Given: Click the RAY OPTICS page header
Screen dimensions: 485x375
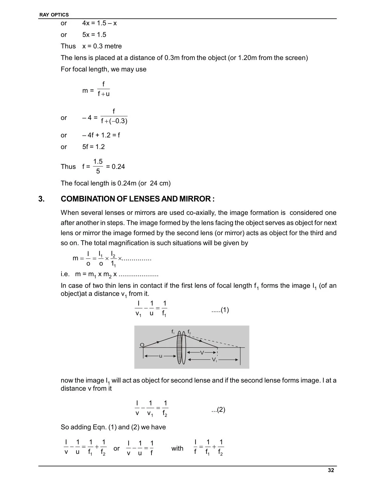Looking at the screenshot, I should point(54,15).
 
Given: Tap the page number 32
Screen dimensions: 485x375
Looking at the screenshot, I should point(331,470).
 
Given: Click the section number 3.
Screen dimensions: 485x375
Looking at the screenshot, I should point(41,199).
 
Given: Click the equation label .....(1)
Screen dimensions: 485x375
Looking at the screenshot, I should point(220,310).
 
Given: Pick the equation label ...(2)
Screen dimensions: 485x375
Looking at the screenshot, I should point(218,410).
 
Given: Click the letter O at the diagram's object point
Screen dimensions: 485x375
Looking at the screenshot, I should point(142,345).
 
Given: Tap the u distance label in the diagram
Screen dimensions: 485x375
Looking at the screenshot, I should point(161,356).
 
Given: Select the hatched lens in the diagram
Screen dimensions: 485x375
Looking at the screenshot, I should point(179,348).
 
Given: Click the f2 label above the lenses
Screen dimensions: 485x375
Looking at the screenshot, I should point(189,332).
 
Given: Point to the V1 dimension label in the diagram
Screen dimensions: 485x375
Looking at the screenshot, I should point(214,360).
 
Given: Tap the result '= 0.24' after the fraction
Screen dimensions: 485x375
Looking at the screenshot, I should point(115,167).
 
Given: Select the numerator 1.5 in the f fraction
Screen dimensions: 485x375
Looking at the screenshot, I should point(98,162).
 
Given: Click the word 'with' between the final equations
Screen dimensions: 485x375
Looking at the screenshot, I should point(177,448).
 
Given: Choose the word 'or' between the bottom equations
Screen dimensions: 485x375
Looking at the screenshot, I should point(116,448).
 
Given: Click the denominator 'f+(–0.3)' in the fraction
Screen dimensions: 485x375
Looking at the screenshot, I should point(114,121).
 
